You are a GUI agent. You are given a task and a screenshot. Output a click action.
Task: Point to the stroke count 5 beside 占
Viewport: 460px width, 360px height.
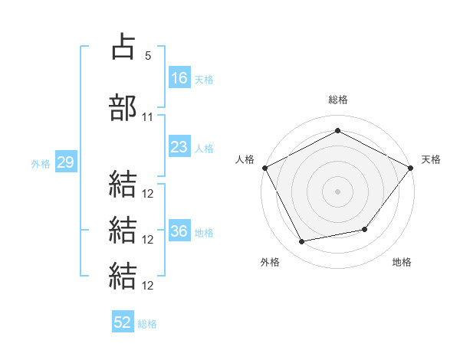(x=148, y=56)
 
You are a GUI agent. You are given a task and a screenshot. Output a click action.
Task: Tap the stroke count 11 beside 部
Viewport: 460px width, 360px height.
(x=148, y=117)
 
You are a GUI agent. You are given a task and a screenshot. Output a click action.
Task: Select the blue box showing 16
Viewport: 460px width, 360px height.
(x=179, y=77)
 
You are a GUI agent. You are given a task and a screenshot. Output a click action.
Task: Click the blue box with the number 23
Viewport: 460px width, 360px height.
(x=179, y=147)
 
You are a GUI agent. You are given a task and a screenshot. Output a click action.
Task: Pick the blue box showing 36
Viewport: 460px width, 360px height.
(x=179, y=232)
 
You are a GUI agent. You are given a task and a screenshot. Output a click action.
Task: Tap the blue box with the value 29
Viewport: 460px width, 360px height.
(x=65, y=163)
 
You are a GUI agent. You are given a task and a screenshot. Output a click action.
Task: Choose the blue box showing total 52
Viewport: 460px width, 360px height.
(x=123, y=322)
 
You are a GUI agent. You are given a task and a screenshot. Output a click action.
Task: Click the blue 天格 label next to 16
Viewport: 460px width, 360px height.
(x=204, y=79)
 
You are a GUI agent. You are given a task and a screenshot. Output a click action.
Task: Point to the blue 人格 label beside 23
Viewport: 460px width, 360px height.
(x=204, y=149)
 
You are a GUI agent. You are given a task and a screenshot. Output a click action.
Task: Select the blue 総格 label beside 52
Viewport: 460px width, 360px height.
(x=147, y=324)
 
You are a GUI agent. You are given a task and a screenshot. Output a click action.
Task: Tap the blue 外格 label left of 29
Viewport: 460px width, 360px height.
(x=40, y=164)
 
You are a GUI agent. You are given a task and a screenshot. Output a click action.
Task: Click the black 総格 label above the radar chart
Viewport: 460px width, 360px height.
(x=337, y=100)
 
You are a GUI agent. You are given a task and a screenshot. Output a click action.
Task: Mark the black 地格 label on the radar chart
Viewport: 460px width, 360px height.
(x=402, y=262)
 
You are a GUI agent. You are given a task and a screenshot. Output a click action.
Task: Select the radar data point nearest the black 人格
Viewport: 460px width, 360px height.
(x=264, y=168)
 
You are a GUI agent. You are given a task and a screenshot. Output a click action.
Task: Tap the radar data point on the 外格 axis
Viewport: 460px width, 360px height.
(x=302, y=242)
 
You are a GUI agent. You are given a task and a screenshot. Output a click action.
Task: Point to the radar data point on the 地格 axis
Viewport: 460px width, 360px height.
(x=365, y=229)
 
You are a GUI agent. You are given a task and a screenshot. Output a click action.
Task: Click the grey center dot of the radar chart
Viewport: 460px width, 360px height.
(x=337, y=191)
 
